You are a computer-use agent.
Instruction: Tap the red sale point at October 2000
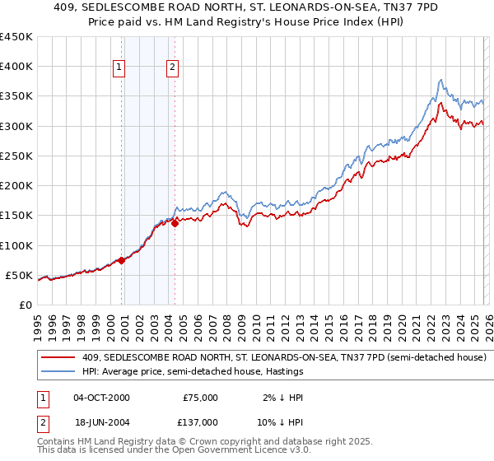121,260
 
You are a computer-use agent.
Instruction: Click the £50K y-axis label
20,275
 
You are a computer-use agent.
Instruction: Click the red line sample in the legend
59,358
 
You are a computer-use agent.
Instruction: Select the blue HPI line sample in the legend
59,372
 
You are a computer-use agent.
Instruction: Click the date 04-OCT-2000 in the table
101,398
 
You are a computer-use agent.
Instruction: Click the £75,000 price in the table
199,398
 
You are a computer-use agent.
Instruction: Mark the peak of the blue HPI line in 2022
441,80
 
